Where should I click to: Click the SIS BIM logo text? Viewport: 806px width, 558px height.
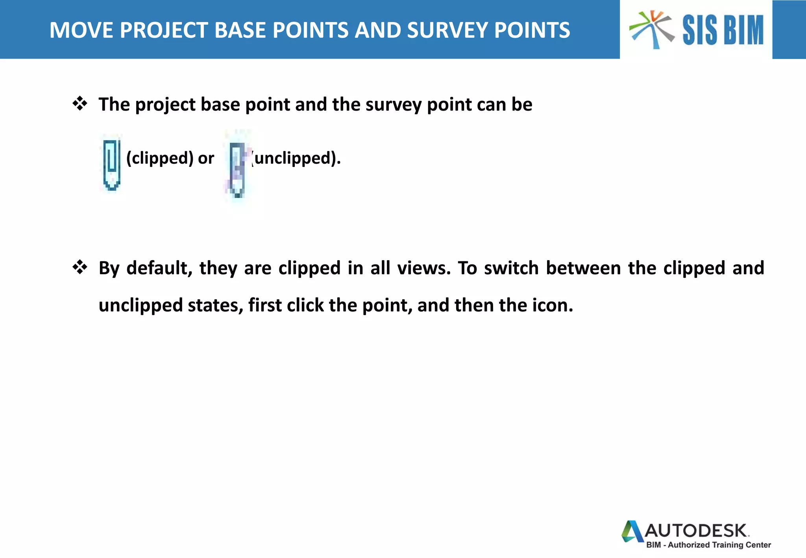click(723, 30)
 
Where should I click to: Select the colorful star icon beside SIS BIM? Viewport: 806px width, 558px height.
click(652, 29)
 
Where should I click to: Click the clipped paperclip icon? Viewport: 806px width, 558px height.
click(112, 164)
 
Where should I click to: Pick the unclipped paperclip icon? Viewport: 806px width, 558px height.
click(237, 169)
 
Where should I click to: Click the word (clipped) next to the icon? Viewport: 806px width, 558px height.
click(160, 158)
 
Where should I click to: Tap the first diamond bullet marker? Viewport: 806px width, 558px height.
click(80, 103)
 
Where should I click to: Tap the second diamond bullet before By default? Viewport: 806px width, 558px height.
click(80, 267)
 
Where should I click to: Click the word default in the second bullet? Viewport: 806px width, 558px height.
click(159, 268)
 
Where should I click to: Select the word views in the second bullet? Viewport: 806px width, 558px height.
click(423, 268)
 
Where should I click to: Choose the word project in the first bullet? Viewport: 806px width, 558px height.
click(165, 105)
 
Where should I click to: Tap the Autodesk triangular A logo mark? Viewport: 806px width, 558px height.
click(632, 531)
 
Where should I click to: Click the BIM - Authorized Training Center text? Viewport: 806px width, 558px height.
click(708, 545)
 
